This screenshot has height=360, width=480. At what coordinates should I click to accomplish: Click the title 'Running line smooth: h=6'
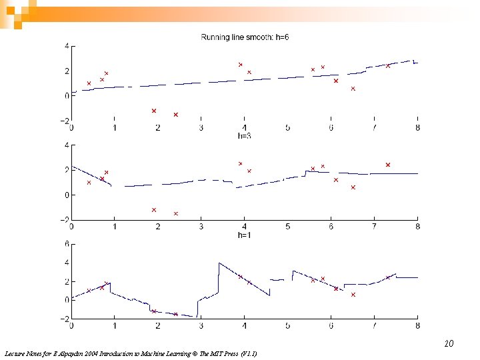coord(245,37)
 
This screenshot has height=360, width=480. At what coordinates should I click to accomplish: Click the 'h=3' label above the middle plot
coord(245,136)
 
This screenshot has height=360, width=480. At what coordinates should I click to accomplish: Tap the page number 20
coord(449,344)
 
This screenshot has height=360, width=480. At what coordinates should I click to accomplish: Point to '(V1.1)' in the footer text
coord(247,353)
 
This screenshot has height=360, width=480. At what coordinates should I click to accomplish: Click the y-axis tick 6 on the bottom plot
coord(66,244)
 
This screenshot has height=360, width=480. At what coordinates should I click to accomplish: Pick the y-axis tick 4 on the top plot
coord(66,46)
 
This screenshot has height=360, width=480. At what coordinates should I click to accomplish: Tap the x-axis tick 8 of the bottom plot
coord(418,326)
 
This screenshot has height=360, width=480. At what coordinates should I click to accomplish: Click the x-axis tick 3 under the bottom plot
coord(201,326)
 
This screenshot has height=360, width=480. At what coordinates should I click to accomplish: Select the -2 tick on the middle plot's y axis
coord(64,220)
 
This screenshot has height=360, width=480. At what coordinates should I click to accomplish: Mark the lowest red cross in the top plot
coord(176,115)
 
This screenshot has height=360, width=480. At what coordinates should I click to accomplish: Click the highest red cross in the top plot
coord(241,65)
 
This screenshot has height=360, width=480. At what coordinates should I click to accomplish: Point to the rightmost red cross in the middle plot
coord(388,165)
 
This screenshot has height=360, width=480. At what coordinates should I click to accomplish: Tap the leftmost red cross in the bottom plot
coord(89,291)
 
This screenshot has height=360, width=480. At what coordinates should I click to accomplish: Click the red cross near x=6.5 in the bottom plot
coord(353,295)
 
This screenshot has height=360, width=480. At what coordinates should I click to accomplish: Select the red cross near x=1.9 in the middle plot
coord(154,210)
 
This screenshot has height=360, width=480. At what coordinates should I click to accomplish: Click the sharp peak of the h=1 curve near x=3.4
coord(219,263)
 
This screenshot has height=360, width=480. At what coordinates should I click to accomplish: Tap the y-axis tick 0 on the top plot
coord(66,96)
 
